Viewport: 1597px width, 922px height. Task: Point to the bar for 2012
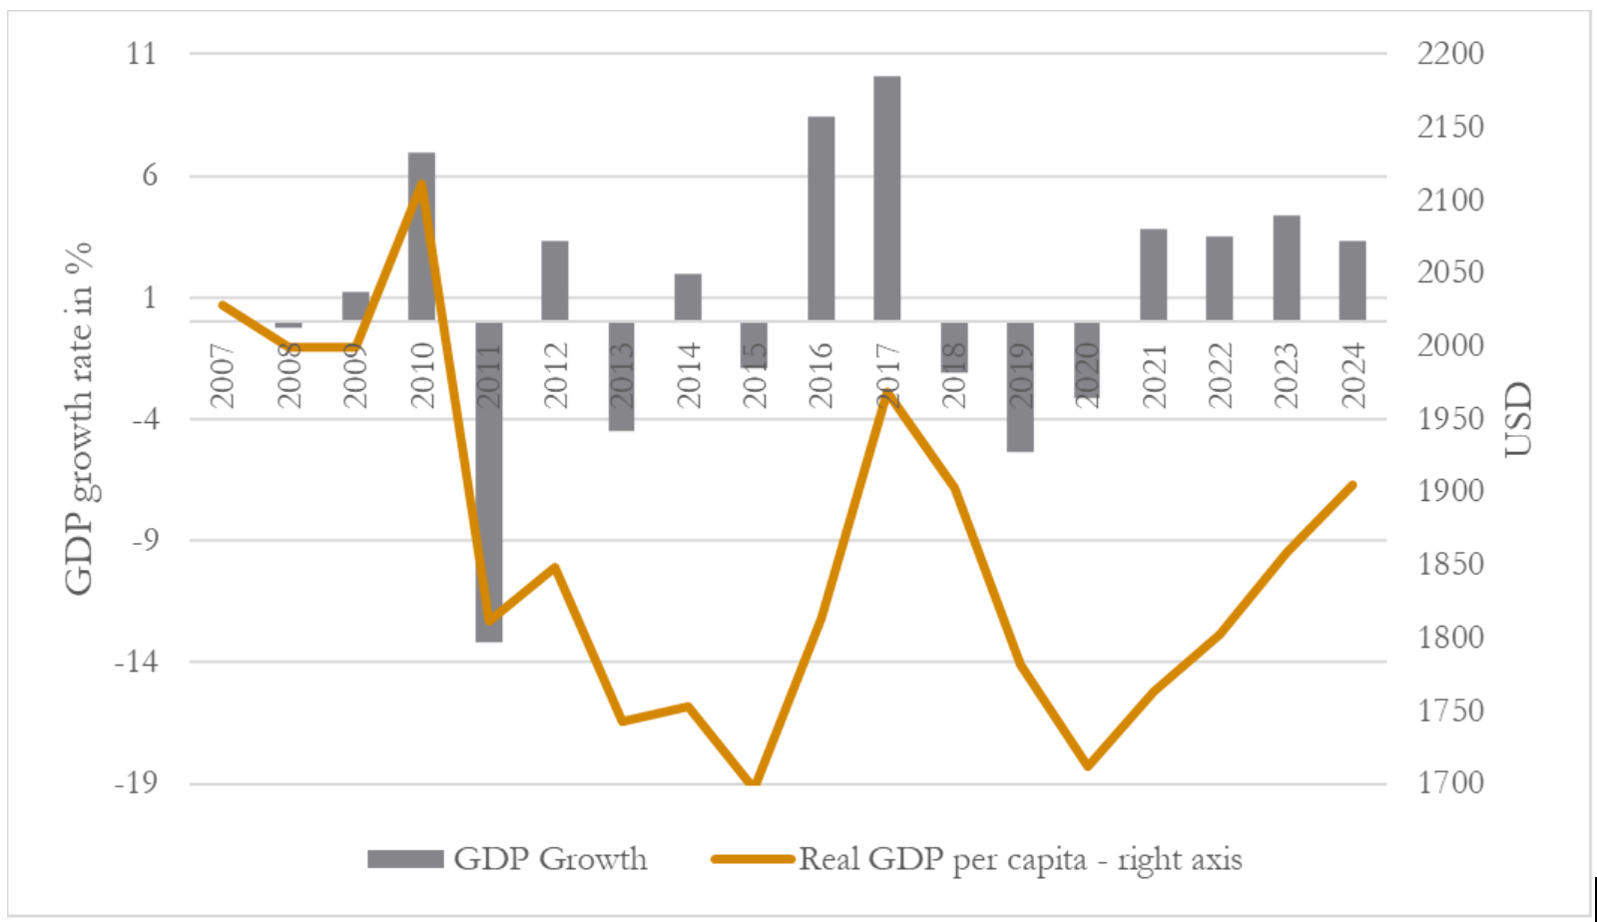tap(555, 280)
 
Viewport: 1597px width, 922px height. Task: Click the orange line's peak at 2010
tap(421, 184)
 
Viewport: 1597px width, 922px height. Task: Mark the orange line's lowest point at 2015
tap(755, 784)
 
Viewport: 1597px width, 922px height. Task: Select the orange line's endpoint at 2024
tap(1352, 485)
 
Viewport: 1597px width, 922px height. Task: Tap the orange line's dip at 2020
tap(1088, 766)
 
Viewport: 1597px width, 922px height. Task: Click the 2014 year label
tap(688, 375)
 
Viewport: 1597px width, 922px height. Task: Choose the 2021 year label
tap(1154, 375)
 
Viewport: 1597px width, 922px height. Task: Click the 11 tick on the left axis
tap(142, 53)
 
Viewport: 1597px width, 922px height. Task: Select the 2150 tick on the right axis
tap(1450, 127)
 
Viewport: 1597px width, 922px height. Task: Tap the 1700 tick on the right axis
tap(1450, 783)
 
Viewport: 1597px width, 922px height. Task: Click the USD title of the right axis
tap(1516, 419)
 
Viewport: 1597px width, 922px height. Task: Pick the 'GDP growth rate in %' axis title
tap(78, 418)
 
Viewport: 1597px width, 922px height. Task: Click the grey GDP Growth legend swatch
tap(405, 859)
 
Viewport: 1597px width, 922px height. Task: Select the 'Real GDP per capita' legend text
tap(1019, 859)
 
